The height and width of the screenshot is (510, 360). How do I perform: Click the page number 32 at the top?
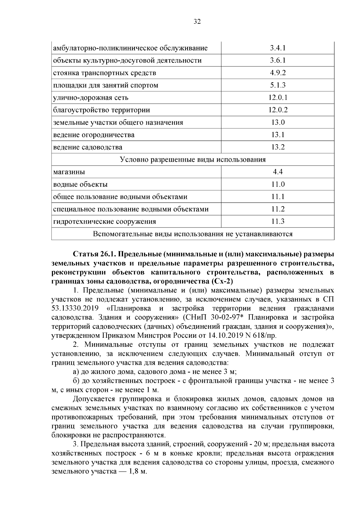(197, 22)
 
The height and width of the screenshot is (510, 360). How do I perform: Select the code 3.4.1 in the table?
(277, 48)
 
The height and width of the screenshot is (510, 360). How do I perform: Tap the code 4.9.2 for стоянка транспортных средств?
(277, 73)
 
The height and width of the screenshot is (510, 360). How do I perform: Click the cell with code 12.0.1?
(278, 98)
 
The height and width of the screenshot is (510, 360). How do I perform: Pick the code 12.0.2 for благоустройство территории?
(278, 110)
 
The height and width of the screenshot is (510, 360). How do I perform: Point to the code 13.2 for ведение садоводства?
(278, 147)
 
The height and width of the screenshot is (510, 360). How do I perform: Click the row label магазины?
(69, 172)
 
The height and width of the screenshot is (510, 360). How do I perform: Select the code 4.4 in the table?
(278, 172)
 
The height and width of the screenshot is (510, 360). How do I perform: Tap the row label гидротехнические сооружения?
(104, 222)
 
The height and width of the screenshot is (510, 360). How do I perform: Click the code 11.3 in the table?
(278, 222)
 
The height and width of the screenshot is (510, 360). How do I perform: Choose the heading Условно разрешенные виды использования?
(193, 160)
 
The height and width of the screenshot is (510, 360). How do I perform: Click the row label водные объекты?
(80, 185)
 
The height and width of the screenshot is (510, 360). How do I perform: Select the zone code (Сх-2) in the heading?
(222, 282)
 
